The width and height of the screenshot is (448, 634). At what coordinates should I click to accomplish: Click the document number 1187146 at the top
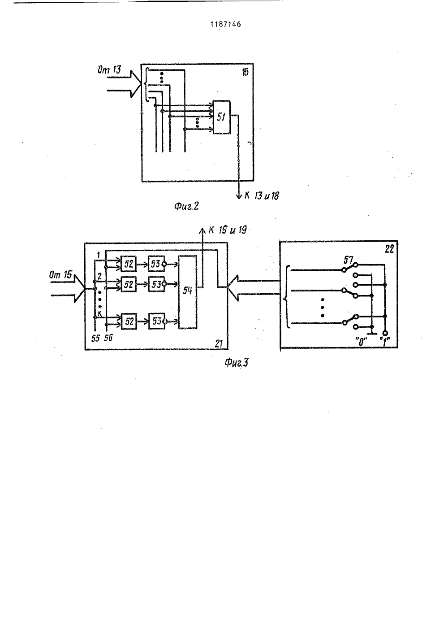click(225, 24)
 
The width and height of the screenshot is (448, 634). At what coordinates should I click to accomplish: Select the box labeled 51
click(221, 117)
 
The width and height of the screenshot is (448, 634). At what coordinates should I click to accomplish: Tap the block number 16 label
click(245, 72)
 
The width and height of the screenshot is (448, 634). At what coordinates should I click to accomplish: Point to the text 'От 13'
click(109, 69)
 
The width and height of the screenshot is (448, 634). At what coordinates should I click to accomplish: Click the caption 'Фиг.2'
click(187, 206)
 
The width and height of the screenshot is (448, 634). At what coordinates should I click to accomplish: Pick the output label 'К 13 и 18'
click(262, 195)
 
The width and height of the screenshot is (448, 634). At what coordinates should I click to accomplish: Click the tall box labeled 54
click(188, 292)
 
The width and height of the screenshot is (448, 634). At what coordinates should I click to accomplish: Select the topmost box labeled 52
click(129, 264)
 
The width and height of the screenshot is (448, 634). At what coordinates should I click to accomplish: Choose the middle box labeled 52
click(129, 284)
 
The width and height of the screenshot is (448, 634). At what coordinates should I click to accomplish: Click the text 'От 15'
click(60, 274)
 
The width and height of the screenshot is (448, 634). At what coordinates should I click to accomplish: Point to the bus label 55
click(95, 338)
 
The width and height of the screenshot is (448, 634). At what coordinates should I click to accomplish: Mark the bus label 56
click(108, 338)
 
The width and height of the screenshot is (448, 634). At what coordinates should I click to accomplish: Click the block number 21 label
click(219, 343)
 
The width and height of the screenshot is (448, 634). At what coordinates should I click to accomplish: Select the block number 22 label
click(389, 249)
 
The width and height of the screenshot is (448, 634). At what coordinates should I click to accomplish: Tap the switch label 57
click(349, 260)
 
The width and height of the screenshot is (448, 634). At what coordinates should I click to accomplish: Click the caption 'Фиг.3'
click(237, 363)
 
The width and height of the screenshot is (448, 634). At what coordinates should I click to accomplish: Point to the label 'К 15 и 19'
click(228, 230)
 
